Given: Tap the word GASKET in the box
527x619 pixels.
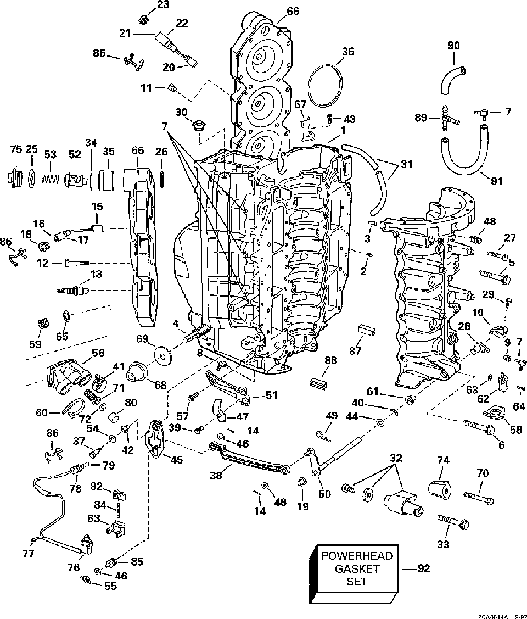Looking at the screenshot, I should click(357, 569).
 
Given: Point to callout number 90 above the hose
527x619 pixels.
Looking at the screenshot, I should click(453, 46).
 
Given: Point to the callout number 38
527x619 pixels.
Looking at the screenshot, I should click(217, 476).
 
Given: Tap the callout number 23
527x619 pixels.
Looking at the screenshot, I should click(148, 5).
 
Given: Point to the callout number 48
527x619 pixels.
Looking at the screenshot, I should click(490, 222).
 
